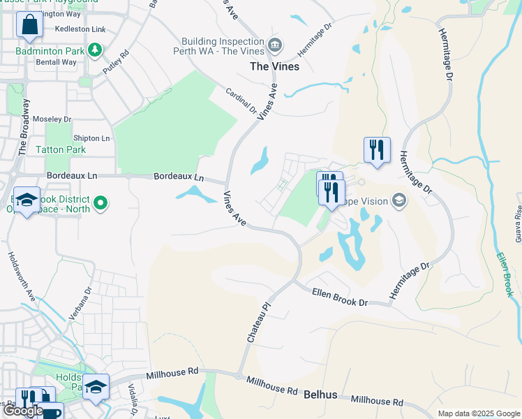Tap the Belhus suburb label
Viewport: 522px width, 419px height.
pos(320,395)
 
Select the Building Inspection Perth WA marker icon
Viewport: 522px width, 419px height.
pos(275,46)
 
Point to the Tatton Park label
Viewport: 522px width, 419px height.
pos(61,149)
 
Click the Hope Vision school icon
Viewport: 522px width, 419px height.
pos(399,201)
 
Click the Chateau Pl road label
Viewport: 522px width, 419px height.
pos(257,323)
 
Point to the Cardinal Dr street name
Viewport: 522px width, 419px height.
pos(241,101)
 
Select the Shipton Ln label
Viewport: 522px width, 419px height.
pos(91,138)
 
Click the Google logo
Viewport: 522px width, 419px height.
pos(22,411)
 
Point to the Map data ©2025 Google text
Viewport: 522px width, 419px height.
pos(478,413)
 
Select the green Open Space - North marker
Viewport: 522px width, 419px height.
pos(100,203)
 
